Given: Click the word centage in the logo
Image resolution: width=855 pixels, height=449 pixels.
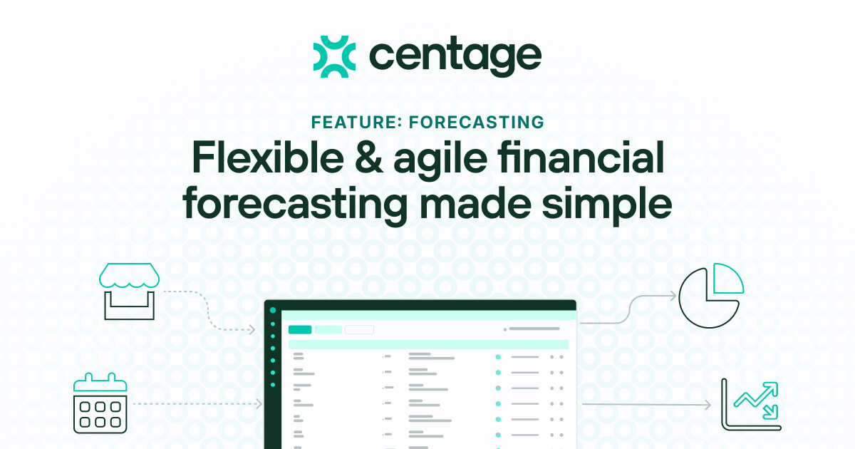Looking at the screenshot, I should (455, 57).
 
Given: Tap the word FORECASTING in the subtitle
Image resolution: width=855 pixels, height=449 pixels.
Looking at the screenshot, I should (477, 122).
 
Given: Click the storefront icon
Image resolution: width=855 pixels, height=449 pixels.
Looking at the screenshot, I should (129, 291).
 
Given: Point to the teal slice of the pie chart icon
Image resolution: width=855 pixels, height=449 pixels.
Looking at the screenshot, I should (727, 279).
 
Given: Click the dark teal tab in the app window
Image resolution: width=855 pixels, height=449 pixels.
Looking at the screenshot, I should (300, 329).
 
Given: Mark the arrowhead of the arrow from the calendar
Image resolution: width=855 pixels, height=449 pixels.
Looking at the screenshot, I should (258, 404).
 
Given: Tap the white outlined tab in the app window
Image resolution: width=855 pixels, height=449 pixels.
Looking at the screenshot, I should (359, 329).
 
